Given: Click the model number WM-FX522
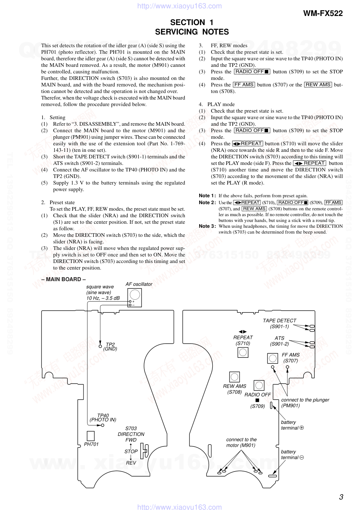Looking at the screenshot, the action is (x=323, y=13).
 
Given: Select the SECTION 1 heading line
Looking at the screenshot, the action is (x=192, y=22).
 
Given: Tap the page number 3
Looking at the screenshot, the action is (x=341, y=497).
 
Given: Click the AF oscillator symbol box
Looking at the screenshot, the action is (x=134, y=297).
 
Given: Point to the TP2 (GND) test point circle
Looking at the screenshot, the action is (x=100, y=346).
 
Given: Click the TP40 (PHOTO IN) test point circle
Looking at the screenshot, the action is (x=103, y=425).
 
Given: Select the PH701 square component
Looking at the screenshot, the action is (x=90, y=436).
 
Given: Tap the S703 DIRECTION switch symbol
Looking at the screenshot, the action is (x=144, y=451).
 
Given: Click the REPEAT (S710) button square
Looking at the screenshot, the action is (x=243, y=352).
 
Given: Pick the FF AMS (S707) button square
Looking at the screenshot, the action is (x=273, y=359).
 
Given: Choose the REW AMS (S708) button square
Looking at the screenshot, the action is (x=234, y=377).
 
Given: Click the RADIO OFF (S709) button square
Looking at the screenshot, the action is (x=259, y=385).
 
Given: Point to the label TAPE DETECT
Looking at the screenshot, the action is (x=279, y=321).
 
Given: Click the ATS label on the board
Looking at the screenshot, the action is (x=279, y=338).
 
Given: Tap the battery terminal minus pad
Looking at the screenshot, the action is (x=273, y=476).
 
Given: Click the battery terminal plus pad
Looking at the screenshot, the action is (x=271, y=405).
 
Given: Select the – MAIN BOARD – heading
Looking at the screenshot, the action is (x=64, y=279).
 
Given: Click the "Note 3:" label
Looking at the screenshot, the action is (x=207, y=226).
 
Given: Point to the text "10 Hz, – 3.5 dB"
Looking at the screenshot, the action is (x=103, y=298).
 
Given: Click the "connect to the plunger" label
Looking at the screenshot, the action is (x=305, y=400).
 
